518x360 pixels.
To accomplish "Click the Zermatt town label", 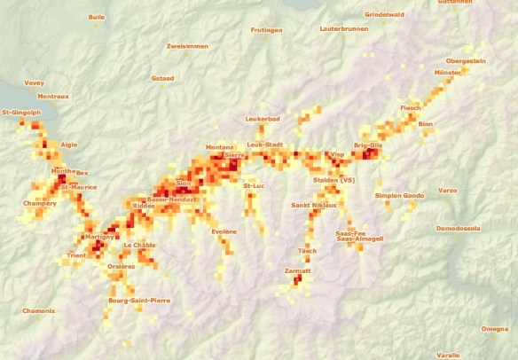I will click(x=296, y=270).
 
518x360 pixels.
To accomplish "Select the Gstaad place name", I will click(x=162, y=78).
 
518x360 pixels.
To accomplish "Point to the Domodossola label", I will click(x=458, y=228).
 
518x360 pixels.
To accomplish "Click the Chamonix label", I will click(x=38, y=310).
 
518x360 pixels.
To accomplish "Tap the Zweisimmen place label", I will click(x=188, y=45).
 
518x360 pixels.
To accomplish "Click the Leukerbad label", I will click(x=263, y=118).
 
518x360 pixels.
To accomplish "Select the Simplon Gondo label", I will click(x=399, y=195).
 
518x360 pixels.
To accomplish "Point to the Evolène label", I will click(x=224, y=231).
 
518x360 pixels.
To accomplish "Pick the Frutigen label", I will click(x=266, y=29).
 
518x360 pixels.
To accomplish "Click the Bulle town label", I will click(x=96, y=16).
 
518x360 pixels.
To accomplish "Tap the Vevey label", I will click(x=35, y=82).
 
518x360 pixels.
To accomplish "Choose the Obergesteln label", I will click(x=466, y=60).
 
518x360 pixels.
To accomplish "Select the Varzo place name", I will click(x=448, y=190).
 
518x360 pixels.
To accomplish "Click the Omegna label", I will click(x=495, y=329).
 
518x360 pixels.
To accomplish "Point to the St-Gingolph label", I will click(x=21, y=113).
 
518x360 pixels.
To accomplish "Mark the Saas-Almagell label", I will click(x=359, y=239).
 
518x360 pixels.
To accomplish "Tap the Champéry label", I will click(x=40, y=203).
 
